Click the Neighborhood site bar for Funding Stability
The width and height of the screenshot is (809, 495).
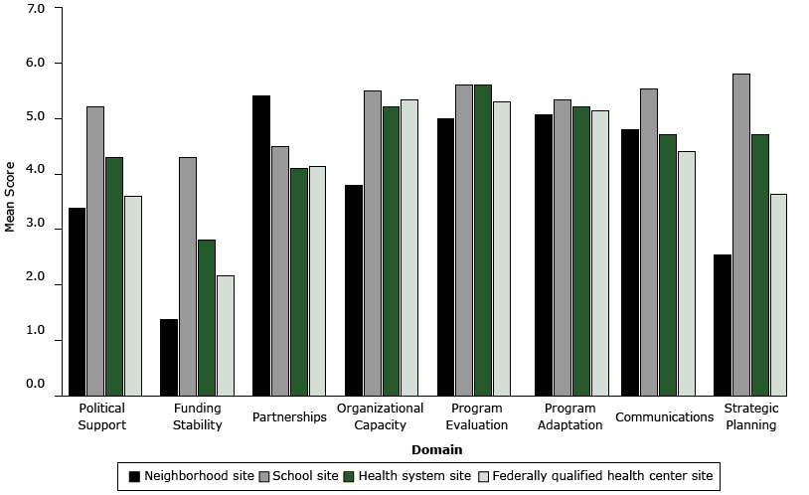point(170,357)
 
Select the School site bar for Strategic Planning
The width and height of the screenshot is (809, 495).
point(740,235)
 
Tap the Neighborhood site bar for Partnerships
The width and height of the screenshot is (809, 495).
point(261,246)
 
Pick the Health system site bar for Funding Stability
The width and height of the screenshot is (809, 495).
point(207,317)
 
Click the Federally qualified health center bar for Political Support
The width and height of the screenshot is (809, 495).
point(132,295)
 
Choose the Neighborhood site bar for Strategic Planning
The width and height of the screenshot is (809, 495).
point(723,325)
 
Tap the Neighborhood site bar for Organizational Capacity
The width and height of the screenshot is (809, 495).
point(354,290)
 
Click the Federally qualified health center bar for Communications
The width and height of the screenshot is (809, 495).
point(686,273)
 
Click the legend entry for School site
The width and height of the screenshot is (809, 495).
point(302,476)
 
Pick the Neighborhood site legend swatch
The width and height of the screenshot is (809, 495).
point(134,476)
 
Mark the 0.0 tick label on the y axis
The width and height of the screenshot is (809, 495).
point(35,384)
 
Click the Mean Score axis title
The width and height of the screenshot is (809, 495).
point(11,197)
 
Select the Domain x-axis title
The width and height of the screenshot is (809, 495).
point(436,450)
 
